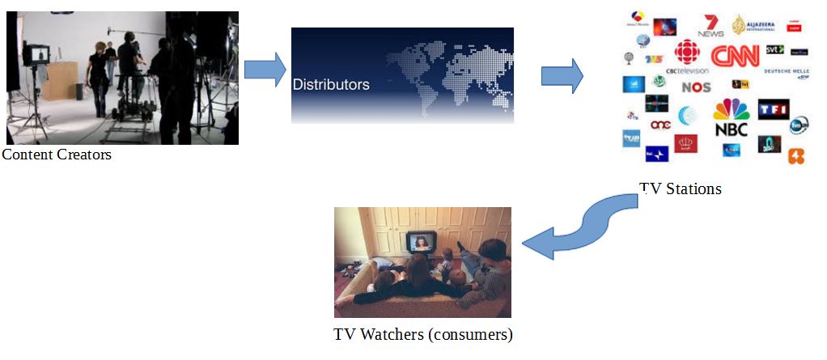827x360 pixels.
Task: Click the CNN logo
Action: (736, 56)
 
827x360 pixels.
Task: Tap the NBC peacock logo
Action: (732, 117)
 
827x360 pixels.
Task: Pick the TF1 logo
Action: (773, 108)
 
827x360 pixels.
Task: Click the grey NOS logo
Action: (696, 87)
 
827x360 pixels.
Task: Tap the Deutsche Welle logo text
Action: (786, 70)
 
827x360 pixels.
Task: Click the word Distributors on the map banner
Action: (330, 84)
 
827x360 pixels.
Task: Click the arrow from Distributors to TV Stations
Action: (562, 75)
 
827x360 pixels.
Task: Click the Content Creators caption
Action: (57, 155)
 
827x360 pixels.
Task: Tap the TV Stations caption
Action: (680, 189)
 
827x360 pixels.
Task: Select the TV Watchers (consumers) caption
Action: (423, 333)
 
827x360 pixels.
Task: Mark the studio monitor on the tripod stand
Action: (37, 55)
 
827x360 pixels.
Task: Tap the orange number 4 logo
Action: (796, 156)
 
